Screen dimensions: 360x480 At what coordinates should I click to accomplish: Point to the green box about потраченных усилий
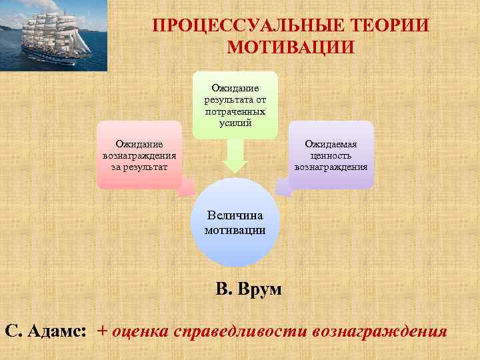[x=235, y=105]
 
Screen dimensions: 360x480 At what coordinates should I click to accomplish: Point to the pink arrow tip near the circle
[x=189, y=189]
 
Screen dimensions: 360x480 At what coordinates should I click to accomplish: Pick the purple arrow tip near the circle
[x=283, y=188]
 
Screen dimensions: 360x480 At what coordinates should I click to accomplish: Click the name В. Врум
[x=249, y=289]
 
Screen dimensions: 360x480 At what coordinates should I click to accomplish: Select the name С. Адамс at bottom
[x=45, y=331]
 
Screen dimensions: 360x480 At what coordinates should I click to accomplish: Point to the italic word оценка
[x=140, y=331]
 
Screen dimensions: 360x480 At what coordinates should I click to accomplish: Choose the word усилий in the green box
[x=235, y=123]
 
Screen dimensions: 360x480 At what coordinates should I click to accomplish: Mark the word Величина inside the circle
[x=235, y=215]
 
